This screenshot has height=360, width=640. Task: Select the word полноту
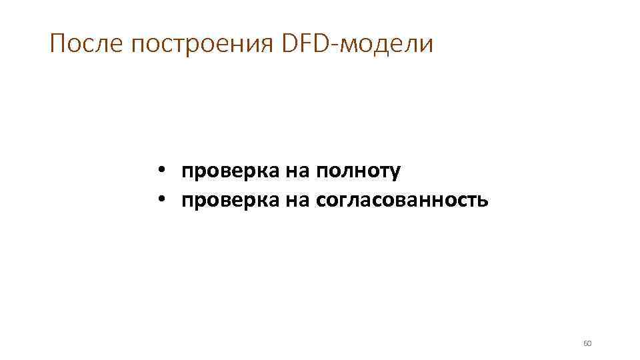coord(359,171)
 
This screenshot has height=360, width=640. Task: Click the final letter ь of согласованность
coord(483,200)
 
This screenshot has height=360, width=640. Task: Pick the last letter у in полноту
coord(396,173)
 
